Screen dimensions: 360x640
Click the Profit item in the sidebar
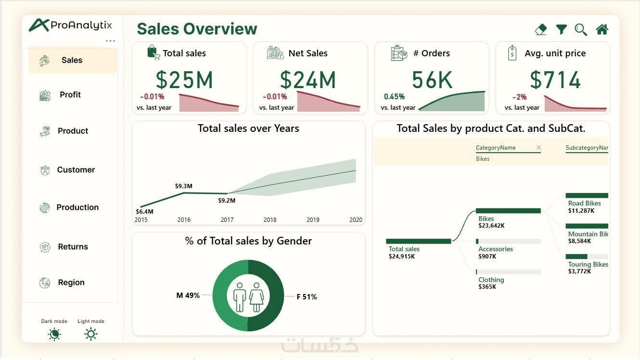[70, 95]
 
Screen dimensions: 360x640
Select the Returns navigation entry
[73, 247]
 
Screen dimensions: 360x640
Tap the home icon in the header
[602, 30]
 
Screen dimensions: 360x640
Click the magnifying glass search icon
[581, 30]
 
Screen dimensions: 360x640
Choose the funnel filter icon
[561, 30]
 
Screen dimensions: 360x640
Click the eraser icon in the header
[541, 30]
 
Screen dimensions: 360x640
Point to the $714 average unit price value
[555, 80]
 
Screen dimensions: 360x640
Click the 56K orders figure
[432, 80]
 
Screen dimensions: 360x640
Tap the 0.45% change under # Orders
[394, 97]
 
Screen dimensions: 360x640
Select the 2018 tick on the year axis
[270, 220]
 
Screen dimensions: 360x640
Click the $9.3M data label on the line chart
[184, 186]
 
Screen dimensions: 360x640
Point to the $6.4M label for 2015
[144, 211]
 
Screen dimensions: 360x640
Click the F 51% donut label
[307, 297]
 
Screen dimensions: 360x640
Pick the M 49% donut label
[188, 296]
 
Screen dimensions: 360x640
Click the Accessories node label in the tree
[495, 249]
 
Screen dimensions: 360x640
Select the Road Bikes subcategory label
[584, 204]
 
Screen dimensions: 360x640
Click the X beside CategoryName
[538, 148]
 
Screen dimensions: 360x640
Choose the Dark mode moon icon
[54, 334]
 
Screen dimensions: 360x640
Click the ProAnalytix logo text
[81, 26]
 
